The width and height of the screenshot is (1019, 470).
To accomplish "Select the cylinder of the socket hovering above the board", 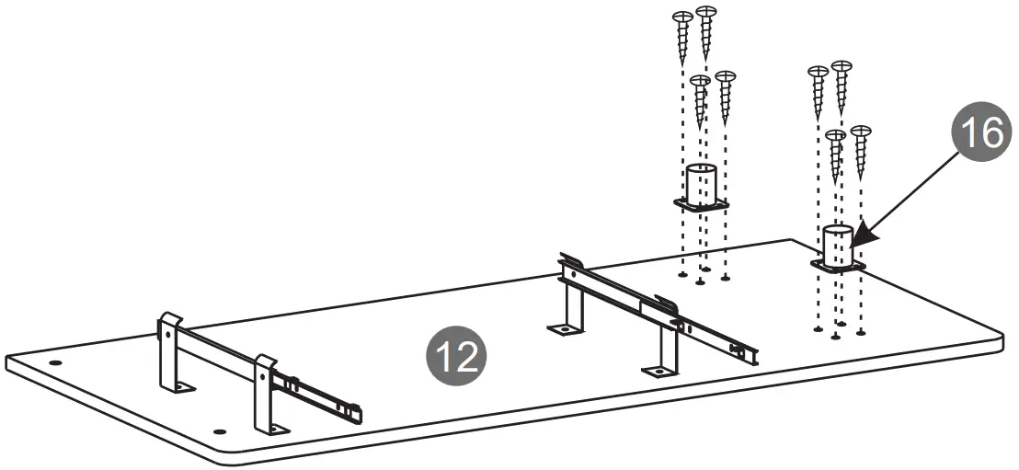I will coord(701,184).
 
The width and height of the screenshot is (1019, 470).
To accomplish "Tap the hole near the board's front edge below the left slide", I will coord(219,430).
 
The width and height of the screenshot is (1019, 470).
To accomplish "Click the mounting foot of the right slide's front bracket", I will coord(658,370).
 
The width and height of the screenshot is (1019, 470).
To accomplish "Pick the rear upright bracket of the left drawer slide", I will coord(169,353).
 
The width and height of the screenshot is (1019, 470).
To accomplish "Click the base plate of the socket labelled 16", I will coord(837,266).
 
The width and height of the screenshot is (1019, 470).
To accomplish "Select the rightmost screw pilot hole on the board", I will coord(860,331).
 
